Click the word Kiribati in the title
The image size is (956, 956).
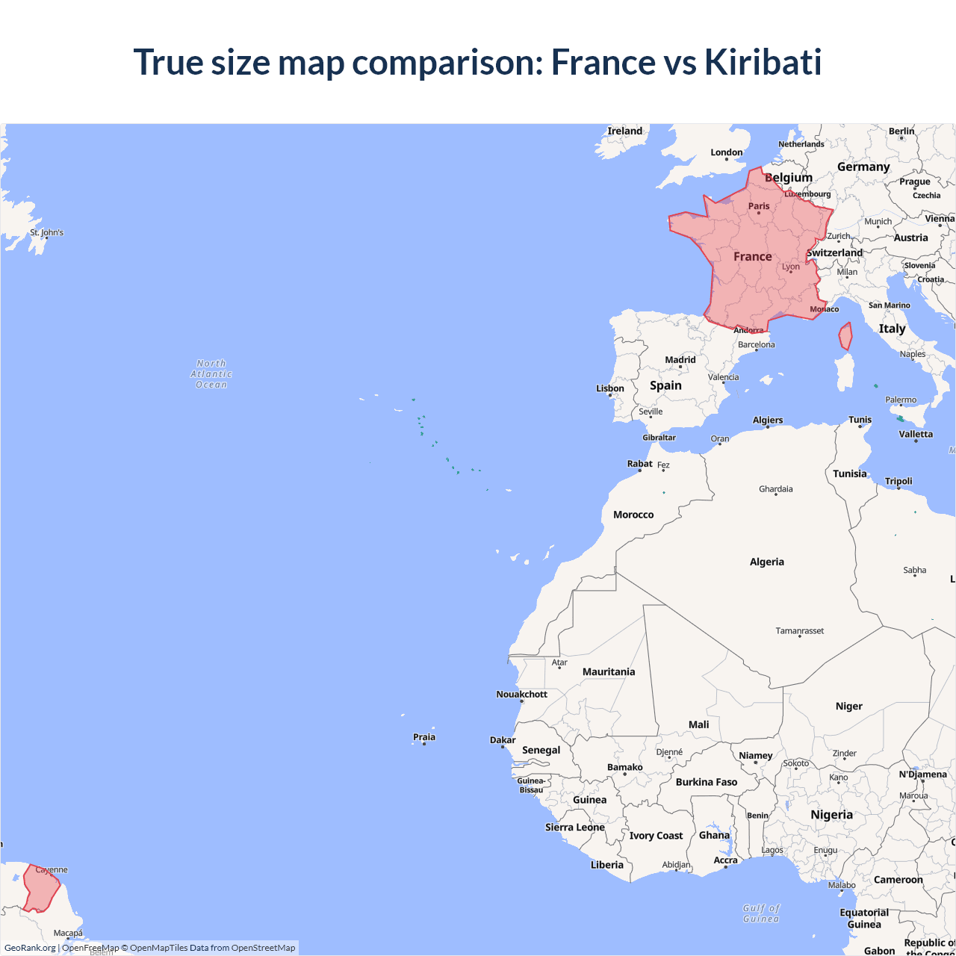763,62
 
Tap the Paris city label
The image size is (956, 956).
759,206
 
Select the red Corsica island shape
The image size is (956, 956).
845,336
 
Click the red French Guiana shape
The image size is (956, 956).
40,887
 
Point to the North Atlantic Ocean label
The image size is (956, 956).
211,373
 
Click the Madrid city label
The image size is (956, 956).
680,360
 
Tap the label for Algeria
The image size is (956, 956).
767,562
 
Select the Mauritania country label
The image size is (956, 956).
609,671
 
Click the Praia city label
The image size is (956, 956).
424,737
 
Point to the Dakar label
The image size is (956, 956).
503,740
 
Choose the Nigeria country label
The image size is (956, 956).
831,814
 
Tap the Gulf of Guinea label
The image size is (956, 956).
762,913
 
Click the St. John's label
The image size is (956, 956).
47,232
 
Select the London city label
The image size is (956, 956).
727,152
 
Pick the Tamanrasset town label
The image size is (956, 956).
800,631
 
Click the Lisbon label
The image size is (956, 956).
610,388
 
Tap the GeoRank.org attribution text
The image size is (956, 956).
30,948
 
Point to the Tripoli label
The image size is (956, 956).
898,481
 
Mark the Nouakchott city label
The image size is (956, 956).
522,695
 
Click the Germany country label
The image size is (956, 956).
863,167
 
